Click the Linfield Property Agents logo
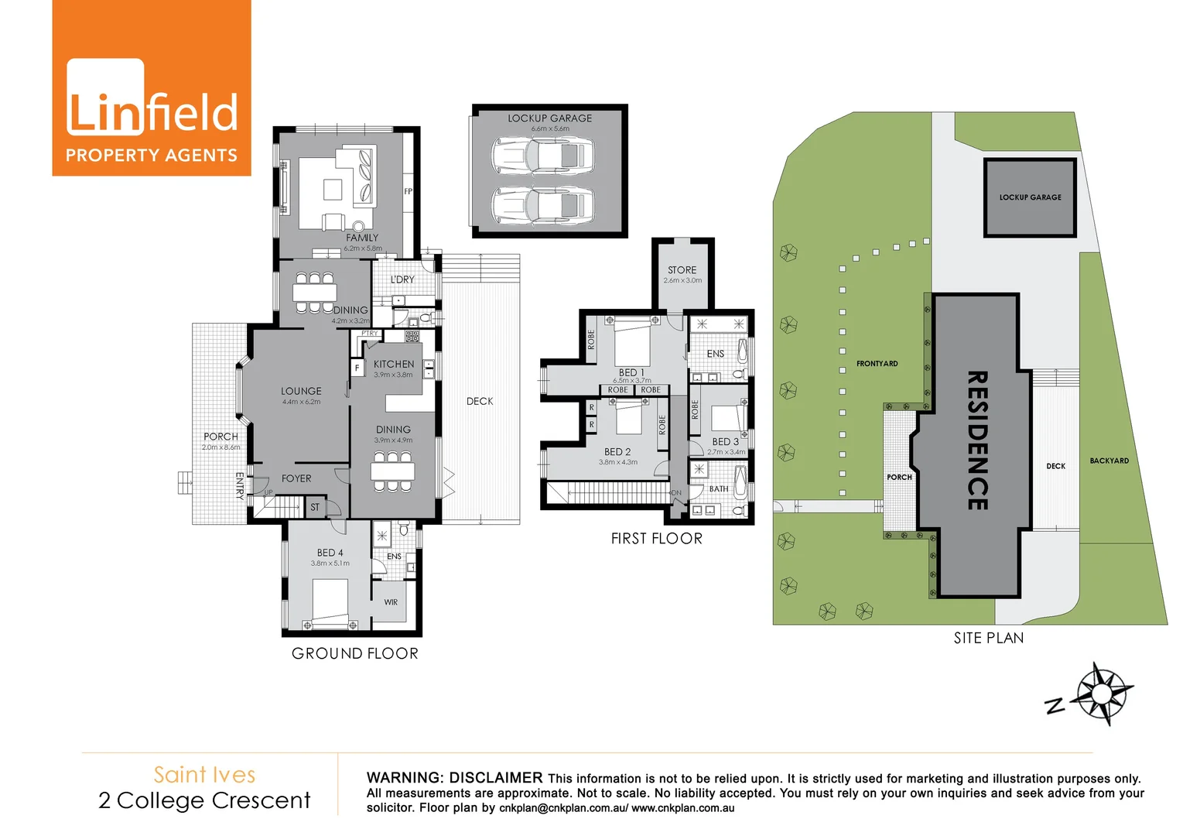point(152,88)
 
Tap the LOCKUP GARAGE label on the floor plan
point(549,118)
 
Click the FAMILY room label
point(362,238)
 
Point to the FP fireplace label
point(408,191)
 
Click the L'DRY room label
point(402,279)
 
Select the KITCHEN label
point(394,364)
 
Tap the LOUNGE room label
point(301,391)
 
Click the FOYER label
point(296,478)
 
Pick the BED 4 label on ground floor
point(330,553)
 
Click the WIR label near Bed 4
point(391,602)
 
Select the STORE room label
point(682,270)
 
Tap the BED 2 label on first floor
point(617,452)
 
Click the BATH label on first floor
point(719,489)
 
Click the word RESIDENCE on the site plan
point(977,440)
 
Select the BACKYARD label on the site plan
point(1109,461)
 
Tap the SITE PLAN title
point(988,638)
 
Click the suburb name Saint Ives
point(204,775)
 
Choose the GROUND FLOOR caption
point(354,653)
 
